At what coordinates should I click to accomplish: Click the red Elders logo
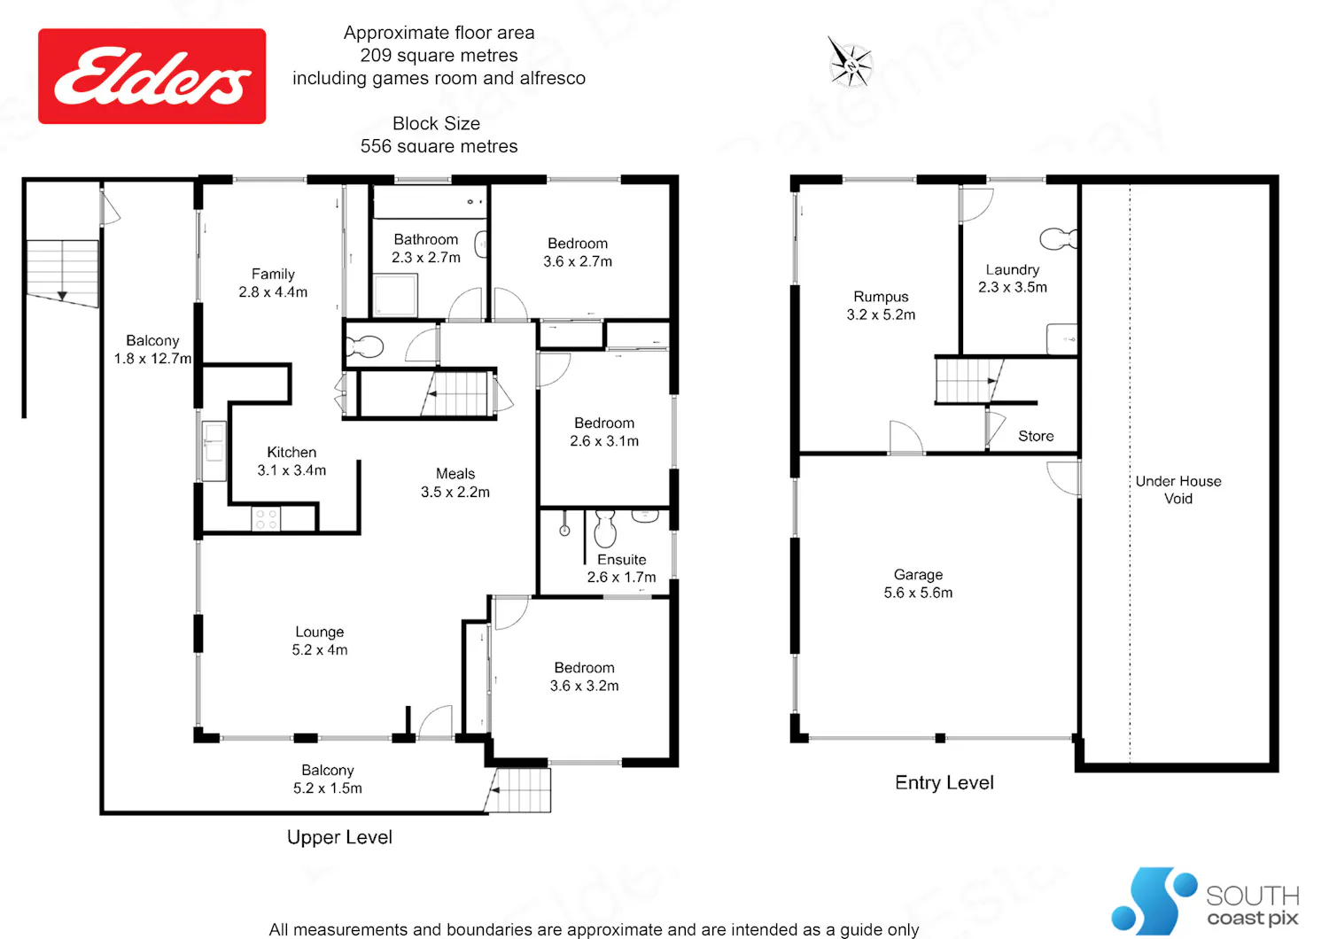[x=152, y=76]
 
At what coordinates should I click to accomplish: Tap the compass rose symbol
[x=851, y=64]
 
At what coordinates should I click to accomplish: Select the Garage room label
[x=918, y=583]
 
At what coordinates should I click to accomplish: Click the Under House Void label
[x=1177, y=489]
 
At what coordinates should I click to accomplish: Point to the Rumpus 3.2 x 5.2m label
[x=881, y=306]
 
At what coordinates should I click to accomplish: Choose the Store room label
[x=1036, y=436]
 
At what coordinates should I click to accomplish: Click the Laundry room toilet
[x=1059, y=238]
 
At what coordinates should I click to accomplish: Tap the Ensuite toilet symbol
[x=605, y=528]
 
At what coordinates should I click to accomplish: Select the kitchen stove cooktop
[x=266, y=519]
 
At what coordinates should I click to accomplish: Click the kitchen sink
[x=214, y=450]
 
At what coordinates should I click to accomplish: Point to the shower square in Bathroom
[x=395, y=295]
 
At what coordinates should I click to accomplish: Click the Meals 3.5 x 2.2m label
[x=455, y=482]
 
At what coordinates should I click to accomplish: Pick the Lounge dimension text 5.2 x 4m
[x=319, y=649]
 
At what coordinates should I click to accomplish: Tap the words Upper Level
[x=339, y=837]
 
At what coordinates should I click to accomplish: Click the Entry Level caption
[x=944, y=782]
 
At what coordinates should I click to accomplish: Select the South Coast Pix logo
[x=1205, y=900]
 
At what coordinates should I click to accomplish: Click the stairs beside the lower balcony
[x=518, y=790]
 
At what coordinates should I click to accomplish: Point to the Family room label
[x=273, y=283]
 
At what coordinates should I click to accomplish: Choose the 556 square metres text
[x=439, y=146]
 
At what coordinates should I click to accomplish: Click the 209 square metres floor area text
[x=439, y=55]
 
